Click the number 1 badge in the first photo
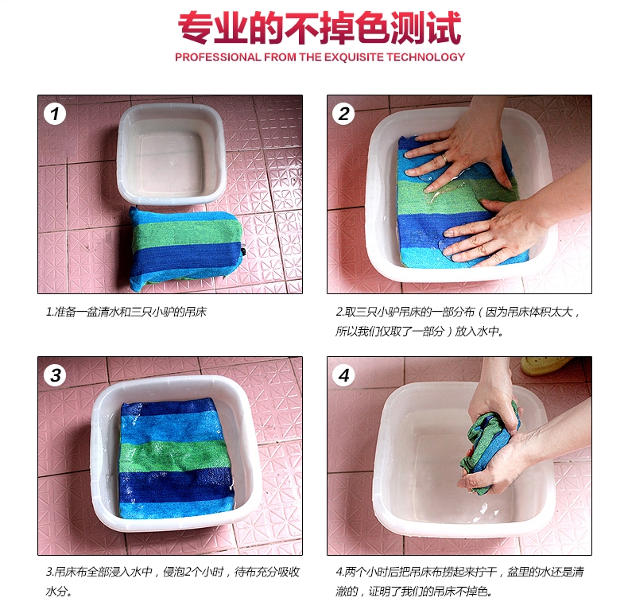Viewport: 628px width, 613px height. point(55,114)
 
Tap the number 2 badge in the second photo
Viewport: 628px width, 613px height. point(343,114)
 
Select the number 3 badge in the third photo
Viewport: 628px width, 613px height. point(55,375)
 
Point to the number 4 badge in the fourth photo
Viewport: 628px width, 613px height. point(343,375)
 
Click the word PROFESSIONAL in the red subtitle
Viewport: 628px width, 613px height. point(219,57)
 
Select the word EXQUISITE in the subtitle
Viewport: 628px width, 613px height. point(354,57)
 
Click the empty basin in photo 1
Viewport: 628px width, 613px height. point(172,154)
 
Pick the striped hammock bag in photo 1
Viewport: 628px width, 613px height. point(186,248)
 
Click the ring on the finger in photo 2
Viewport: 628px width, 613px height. point(444,158)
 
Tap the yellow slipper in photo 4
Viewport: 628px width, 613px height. point(546,366)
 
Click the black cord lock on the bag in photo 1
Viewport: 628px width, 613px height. point(243,251)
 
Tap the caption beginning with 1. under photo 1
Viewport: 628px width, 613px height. point(126,312)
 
